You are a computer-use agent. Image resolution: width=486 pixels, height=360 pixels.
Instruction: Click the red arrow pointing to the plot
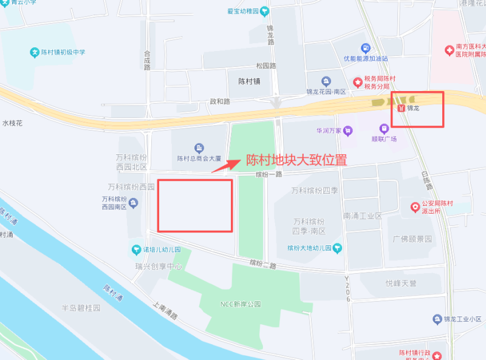click(x=225, y=166)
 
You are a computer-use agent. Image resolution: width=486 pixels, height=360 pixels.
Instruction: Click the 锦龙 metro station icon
click(x=400, y=108)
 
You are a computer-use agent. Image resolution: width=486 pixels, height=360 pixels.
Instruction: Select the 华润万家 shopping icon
click(x=348, y=130)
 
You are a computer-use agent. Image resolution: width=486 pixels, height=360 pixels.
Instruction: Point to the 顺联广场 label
click(x=384, y=139)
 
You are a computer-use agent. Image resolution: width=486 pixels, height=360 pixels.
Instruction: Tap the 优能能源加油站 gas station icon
click(x=365, y=48)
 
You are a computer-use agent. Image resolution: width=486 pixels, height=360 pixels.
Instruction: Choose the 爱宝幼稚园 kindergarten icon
click(x=265, y=12)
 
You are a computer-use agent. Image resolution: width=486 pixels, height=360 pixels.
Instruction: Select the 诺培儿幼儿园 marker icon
click(x=137, y=250)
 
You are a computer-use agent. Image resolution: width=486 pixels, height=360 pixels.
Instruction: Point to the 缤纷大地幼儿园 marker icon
click(x=337, y=248)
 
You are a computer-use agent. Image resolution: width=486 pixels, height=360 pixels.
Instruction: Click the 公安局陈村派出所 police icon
click(x=416, y=206)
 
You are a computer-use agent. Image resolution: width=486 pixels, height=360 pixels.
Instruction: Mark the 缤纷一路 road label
click(x=270, y=174)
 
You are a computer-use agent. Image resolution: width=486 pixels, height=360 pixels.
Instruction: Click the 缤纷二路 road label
click(x=262, y=264)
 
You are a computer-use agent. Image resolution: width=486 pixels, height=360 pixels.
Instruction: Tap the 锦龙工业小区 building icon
click(x=437, y=319)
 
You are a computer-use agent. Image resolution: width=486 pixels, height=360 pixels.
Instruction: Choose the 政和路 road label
click(x=220, y=101)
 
